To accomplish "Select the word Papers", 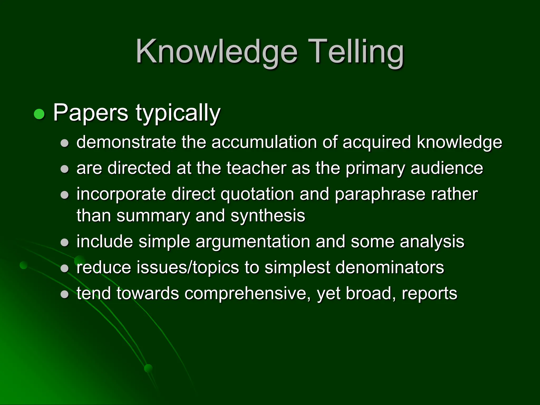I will (x=91, y=113).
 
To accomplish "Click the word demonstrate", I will (x=126, y=142).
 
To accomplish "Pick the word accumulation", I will (x=264, y=142).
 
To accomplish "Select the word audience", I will (x=447, y=168).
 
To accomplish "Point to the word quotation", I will (x=257, y=194).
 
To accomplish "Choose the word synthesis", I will (x=268, y=215).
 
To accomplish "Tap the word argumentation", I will (x=253, y=242).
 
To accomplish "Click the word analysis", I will (x=432, y=242).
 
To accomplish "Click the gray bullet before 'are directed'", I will (x=65, y=169).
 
